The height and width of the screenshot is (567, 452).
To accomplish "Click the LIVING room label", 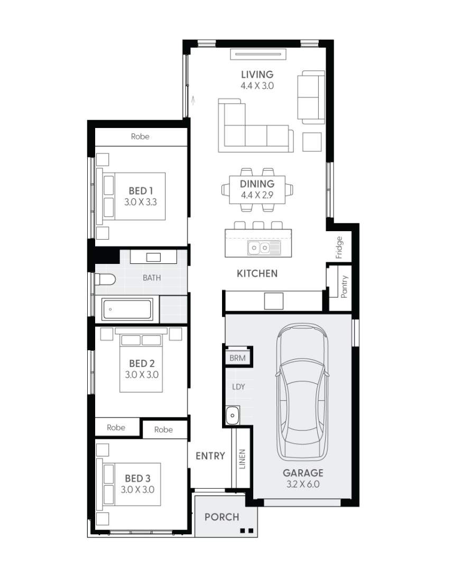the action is pyautogui.click(x=257, y=75).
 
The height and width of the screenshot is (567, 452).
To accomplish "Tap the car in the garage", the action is pyautogui.click(x=302, y=392).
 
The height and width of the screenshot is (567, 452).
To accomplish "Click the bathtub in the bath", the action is pyautogui.click(x=126, y=309).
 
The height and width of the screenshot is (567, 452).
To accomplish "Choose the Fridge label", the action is pyautogui.click(x=339, y=248).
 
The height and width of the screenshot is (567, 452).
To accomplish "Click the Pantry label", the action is pyautogui.click(x=344, y=286).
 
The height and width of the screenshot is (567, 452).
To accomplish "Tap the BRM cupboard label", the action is pyautogui.click(x=237, y=358).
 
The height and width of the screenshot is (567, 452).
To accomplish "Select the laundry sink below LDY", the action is pyautogui.click(x=232, y=416).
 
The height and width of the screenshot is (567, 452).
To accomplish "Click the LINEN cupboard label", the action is pyautogui.click(x=242, y=459).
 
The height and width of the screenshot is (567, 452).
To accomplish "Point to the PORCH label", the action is pyautogui.click(x=222, y=517).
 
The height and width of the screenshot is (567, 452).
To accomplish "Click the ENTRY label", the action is pyautogui.click(x=210, y=456).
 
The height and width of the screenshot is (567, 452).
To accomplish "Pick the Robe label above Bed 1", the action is pyautogui.click(x=140, y=136).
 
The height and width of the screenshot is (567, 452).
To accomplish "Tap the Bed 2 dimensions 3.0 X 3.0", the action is pyautogui.click(x=142, y=374).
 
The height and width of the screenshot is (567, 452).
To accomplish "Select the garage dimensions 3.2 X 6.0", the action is pyautogui.click(x=303, y=484).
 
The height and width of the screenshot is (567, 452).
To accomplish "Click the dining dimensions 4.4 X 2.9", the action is pyautogui.click(x=257, y=195).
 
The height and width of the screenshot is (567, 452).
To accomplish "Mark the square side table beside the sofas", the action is pyautogui.click(x=312, y=142).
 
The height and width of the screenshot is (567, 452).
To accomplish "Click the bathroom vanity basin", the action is pyautogui.click(x=153, y=257).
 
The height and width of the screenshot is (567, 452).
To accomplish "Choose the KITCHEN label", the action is pyautogui.click(x=257, y=274).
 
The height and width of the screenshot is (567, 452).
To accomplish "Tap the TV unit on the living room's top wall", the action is pyautogui.click(x=259, y=54).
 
